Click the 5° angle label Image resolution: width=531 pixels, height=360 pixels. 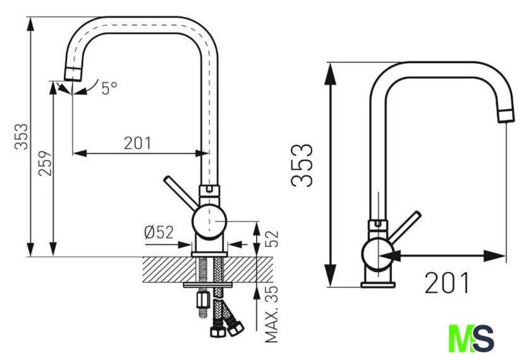pyautogui.click(x=109, y=88)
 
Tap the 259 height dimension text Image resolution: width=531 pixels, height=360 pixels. pyautogui.click(x=46, y=164)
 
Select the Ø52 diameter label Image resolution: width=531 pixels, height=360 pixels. pyautogui.click(x=159, y=232)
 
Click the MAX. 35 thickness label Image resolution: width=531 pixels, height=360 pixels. pyautogui.click(x=271, y=314)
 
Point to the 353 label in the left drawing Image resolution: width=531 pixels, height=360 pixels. pyautogui.click(x=21, y=136)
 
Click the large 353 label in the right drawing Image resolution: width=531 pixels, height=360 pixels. pyautogui.click(x=302, y=165)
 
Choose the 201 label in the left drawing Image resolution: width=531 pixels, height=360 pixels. pyautogui.click(x=138, y=143)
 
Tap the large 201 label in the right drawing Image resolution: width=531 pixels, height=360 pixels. pyautogui.click(x=447, y=283)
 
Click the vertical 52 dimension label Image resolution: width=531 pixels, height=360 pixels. pyautogui.click(x=272, y=239)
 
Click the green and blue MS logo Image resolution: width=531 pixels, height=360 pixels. pyautogui.click(x=471, y=339)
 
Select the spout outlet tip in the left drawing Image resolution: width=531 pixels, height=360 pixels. pyautogui.click(x=73, y=74)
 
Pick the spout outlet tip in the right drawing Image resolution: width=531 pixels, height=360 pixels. pyautogui.click(x=506, y=116)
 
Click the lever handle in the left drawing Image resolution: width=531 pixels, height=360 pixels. pyautogui.click(x=181, y=193)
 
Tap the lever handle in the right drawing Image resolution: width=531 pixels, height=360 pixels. pyautogui.click(x=405, y=227)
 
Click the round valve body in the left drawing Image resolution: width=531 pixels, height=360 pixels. pyautogui.click(x=209, y=222)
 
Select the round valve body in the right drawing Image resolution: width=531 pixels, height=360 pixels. pyautogui.click(x=378, y=255)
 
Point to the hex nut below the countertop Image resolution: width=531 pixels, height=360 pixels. pyautogui.click(x=202, y=300)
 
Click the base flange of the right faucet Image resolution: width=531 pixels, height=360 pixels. pyautogui.click(x=378, y=285)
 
